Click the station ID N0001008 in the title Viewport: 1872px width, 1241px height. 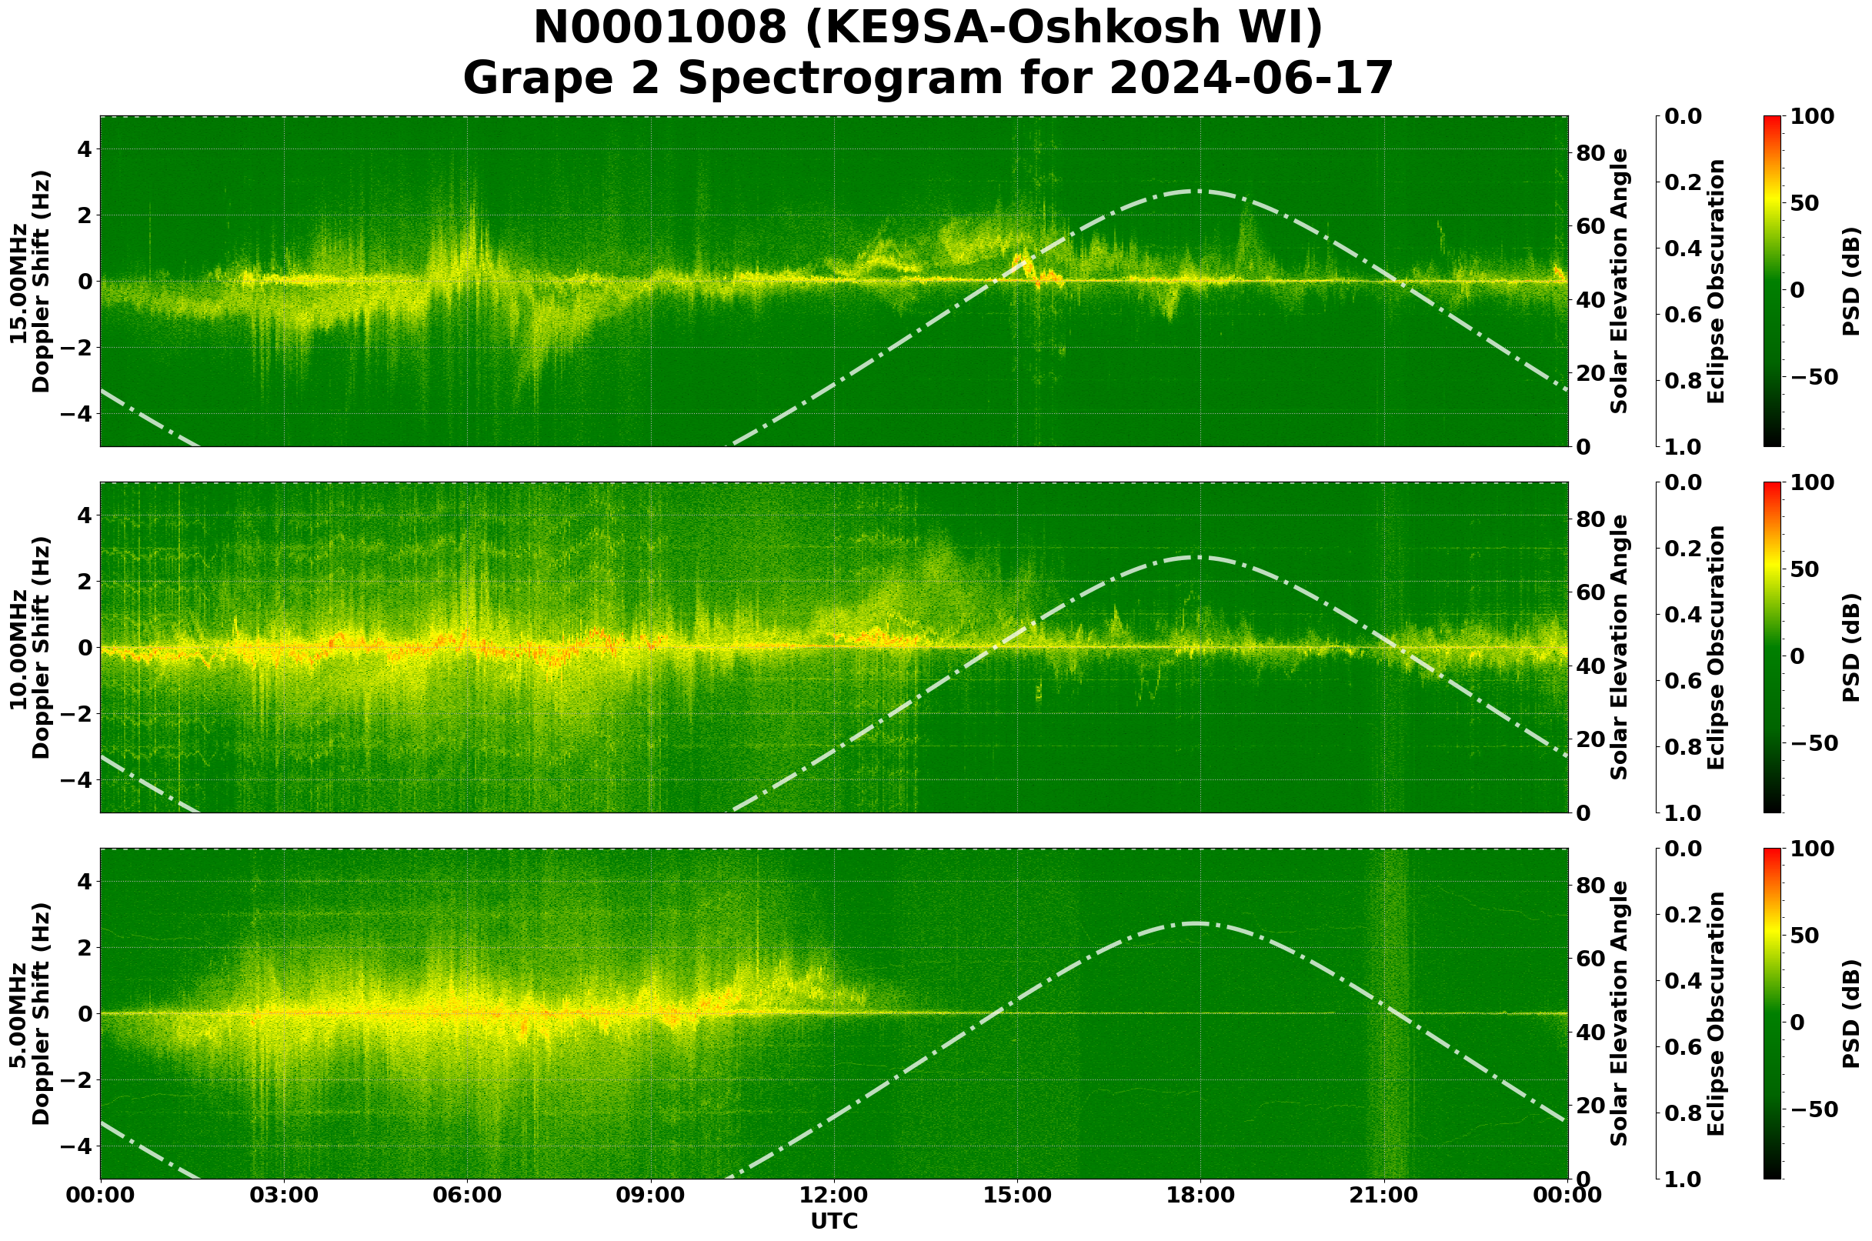point(660,28)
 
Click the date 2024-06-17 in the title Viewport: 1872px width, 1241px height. point(1250,79)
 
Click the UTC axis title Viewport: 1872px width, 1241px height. point(833,1222)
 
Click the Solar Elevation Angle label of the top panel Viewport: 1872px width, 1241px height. point(1620,281)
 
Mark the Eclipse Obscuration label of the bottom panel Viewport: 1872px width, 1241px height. point(1715,1013)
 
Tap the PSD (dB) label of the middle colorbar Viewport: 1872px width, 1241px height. point(1850,647)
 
